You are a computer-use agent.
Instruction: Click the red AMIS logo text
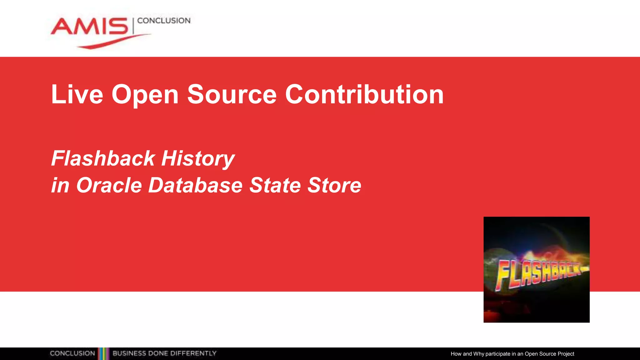click(x=89, y=26)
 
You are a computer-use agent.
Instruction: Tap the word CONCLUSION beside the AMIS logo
click(x=164, y=21)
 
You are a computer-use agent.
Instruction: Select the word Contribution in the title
click(x=364, y=94)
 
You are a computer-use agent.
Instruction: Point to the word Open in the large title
click(x=145, y=95)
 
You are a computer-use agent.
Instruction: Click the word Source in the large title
click(x=232, y=94)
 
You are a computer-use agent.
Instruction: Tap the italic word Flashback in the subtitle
click(x=103, y=158)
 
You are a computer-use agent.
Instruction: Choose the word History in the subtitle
click(x=198, y=159)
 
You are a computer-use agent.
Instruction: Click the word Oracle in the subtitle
click(x=109, y=185)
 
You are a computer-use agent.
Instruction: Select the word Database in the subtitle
click(x=195, y=185)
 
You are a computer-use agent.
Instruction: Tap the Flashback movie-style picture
click(x=536, y=269)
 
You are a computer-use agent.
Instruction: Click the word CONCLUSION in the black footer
click(x=72, y=353)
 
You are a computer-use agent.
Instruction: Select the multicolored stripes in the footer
click(x=104, y=353)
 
